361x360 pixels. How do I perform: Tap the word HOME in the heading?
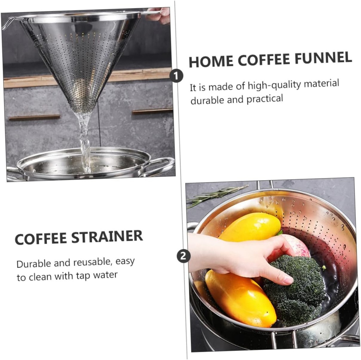click(210, 61)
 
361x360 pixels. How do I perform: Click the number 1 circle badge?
click(176, 75)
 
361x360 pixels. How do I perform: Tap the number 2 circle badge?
click(183, 256)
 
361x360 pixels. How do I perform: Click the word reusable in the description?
click(91, 262)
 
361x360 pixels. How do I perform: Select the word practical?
click(265, 98)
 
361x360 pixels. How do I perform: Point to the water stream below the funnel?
click(85, 141)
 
